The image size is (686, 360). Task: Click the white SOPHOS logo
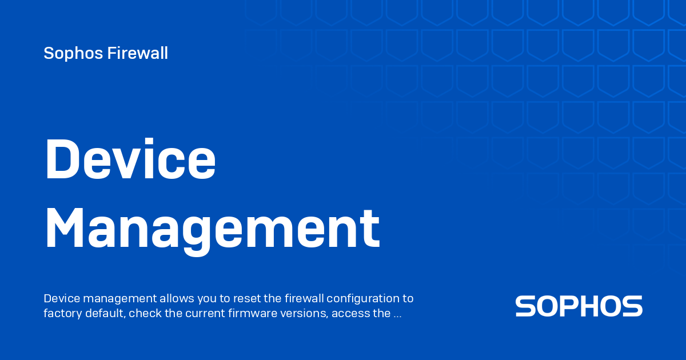579,306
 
